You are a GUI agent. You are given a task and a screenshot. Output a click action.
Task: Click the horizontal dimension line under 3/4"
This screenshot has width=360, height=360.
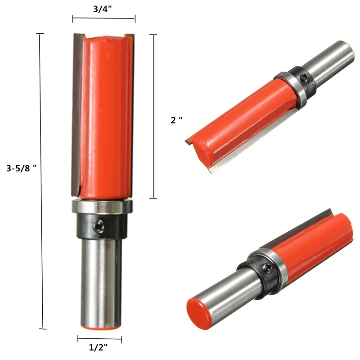click(x=103, y=18)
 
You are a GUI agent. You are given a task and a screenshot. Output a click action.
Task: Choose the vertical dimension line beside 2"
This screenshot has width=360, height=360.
click(x=155, y=117)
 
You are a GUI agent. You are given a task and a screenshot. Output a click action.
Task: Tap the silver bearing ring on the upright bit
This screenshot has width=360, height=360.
click(x=101, y=207)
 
